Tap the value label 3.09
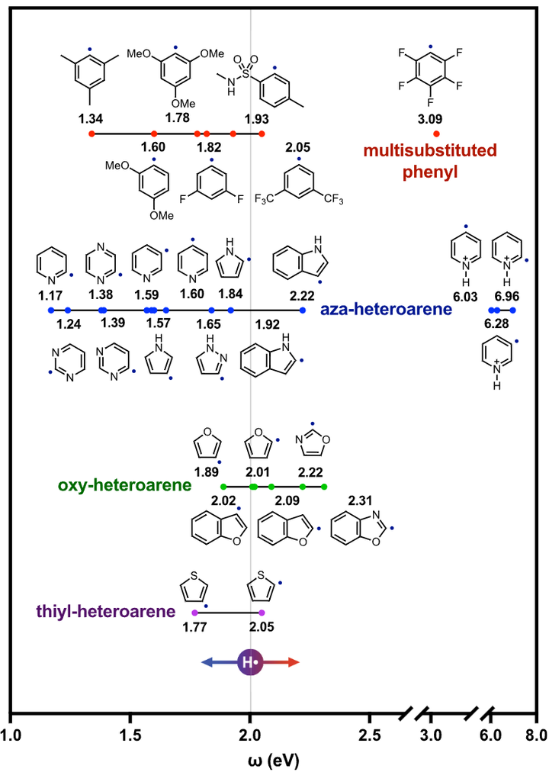(x=436, y=119)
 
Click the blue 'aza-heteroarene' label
(x=386, y=310)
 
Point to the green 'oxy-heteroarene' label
(x=124, y=485)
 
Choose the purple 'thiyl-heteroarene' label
(x=105, y=611)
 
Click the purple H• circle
(x=250, y=663)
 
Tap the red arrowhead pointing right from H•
(x=294, y=663)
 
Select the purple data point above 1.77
(x=194, y=613)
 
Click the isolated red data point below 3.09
(x=436, y=133)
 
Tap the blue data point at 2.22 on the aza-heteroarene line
(x=303, y=310)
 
